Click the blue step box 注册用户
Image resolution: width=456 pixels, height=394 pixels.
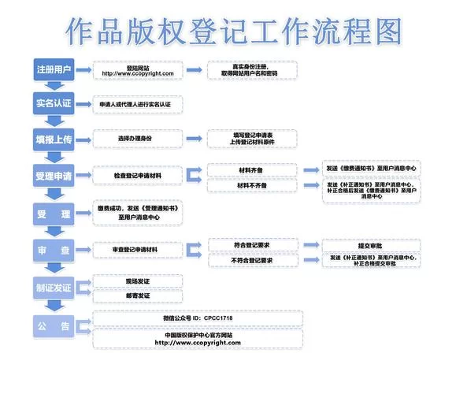(x=54, y=69)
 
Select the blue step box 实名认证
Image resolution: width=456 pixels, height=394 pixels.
(x=54, y=103)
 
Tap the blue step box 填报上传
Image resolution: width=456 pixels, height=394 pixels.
(x=54, y=139)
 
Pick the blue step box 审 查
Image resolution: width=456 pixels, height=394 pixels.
(x=54, y=249)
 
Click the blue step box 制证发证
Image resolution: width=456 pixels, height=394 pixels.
(x=54, y=287)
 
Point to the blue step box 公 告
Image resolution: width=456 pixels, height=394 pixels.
(x=54, y=325)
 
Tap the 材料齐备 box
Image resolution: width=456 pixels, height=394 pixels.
(x=251, y=169)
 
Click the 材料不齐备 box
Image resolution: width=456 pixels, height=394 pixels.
(x=251, y=185)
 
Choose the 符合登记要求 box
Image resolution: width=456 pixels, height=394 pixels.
(x=253, y=244)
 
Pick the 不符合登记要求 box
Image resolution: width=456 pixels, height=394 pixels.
(x=253, y=259)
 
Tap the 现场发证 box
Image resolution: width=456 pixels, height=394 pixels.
(x=138, y=281)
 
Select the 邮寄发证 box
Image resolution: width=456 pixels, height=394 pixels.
(x=138, y=295)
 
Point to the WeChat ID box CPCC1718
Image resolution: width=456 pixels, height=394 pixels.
(x=197, y=318)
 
